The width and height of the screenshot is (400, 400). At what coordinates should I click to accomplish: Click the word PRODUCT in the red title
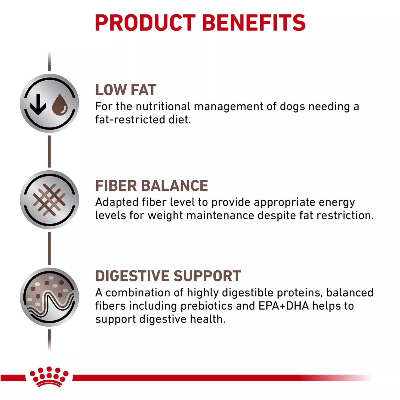(145, 23)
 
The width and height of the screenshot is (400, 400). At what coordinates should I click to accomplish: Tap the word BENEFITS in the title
(254, 23)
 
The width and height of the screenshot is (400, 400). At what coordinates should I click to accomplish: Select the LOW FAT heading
(126, 90)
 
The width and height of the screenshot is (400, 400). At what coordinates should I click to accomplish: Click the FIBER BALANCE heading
(151, 185)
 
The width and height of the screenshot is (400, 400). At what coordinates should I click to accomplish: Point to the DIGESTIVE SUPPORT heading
(168, 276)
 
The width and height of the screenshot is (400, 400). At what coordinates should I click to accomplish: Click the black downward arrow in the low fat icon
(38, 104)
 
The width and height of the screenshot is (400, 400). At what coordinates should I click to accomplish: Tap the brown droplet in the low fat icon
(60, 104)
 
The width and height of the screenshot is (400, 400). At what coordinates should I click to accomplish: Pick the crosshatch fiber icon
(49, 200)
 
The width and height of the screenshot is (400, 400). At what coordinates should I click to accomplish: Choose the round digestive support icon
(49, 297)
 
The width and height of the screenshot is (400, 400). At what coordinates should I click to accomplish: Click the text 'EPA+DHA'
(283, 306)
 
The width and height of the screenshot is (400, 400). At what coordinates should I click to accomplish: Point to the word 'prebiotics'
(206, 306)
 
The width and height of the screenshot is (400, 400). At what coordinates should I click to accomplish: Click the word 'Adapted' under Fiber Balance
(117, 202)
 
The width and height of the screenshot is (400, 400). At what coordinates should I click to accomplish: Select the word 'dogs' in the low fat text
(293, 107)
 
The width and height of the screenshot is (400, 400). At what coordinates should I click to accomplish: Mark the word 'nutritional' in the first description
(163, 106)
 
